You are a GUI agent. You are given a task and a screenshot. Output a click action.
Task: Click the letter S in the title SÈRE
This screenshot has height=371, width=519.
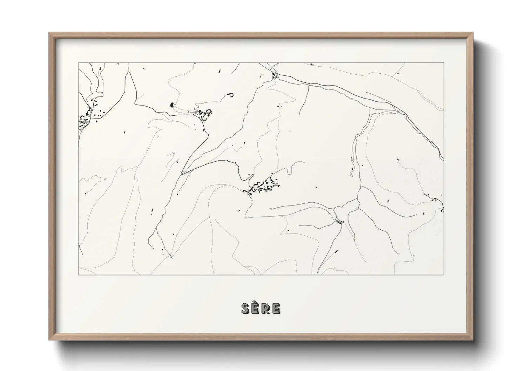pos(245,309)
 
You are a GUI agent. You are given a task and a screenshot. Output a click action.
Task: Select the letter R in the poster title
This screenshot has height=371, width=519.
pos(266,309)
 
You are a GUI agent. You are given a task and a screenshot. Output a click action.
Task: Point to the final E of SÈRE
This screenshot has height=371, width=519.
pos(276,309)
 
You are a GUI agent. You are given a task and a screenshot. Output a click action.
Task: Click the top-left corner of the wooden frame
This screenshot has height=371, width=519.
pos(49,33)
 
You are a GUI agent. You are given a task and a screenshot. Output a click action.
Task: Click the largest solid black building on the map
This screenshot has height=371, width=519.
pos(171,104)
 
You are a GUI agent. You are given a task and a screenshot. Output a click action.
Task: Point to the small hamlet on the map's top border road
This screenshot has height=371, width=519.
pos(275,75)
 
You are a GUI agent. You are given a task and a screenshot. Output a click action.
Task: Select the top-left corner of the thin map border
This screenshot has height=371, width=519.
pos(78,63)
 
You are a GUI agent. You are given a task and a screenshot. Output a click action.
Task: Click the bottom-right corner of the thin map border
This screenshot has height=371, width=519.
pos(444,275)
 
